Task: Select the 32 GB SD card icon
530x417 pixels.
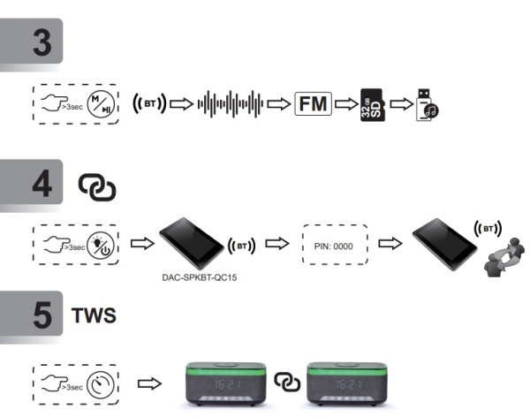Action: click(x=373, y=105)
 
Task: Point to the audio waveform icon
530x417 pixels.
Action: click(x=231, y=104)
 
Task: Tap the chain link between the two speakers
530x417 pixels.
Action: click(x=286, y=382)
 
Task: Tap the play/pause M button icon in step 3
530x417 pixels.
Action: click(x=98, y=104)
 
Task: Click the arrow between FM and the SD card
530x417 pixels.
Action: click(x=346, y=104)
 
